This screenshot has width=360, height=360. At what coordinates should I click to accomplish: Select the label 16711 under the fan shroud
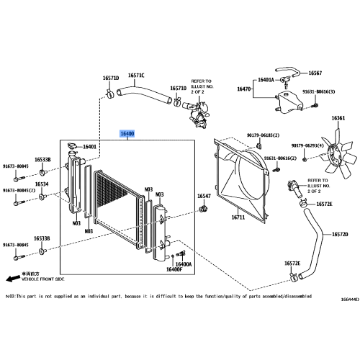click(238, 217)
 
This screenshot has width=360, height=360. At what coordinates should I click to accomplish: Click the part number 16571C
click(136, 76)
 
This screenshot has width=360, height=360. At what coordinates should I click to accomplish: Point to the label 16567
click(317, 73)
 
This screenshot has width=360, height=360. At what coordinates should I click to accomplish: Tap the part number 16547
click(204, 196)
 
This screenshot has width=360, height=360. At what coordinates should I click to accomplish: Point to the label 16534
click(43, 184)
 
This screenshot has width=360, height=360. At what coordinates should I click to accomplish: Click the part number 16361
click(338, 118)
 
